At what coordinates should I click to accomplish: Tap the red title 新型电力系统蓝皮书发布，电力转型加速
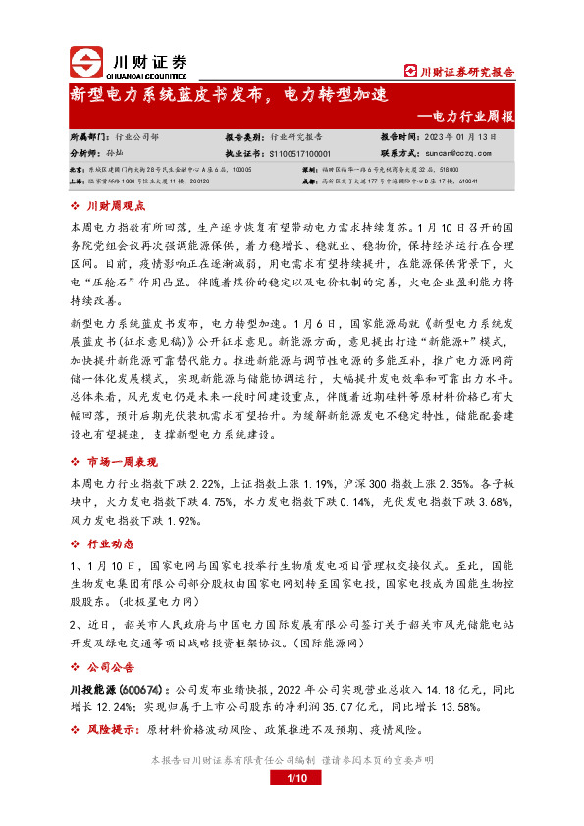point(230,95)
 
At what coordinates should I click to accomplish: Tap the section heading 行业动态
point(109,542)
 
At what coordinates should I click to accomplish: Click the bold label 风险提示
point(109,730)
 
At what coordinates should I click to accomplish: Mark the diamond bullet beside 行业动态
point(77,542)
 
